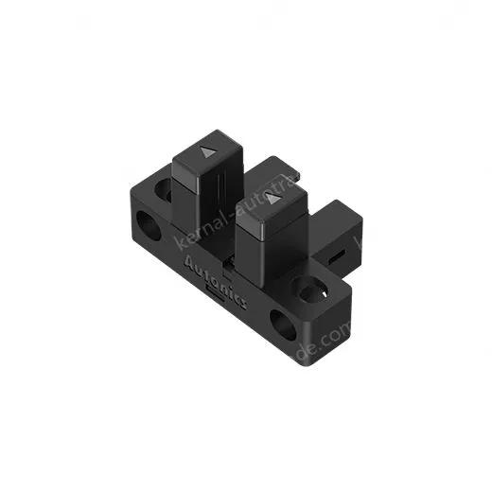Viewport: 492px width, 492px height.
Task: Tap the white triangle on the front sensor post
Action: (273, 200)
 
